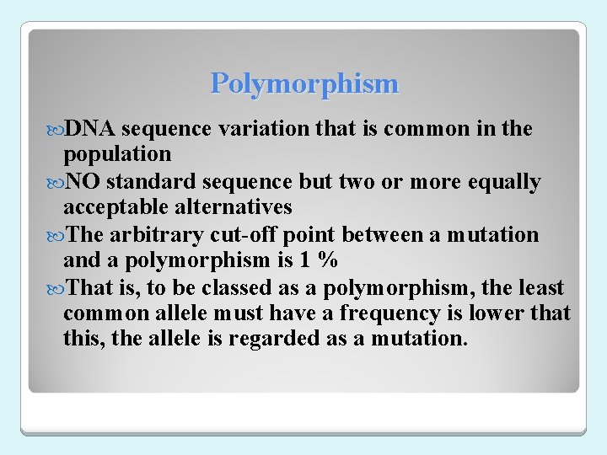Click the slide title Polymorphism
click(x=304, y=84)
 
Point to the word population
click(x=116, y=154)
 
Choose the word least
click(x=540, y=288)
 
